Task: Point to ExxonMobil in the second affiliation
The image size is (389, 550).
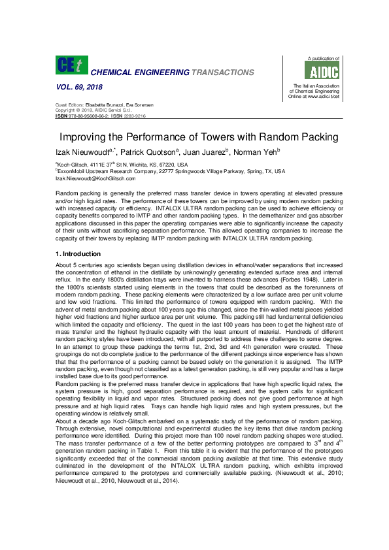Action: click(71, 171)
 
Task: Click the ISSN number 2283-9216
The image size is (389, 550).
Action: click(135, 116)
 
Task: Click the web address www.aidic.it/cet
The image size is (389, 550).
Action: click(320, 97)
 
